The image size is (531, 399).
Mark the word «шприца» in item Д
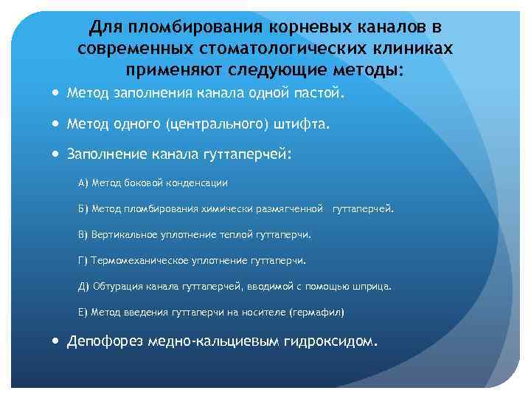point(372,286)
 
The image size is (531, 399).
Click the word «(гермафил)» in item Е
point(317,312)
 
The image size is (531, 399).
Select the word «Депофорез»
point(106,342)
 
